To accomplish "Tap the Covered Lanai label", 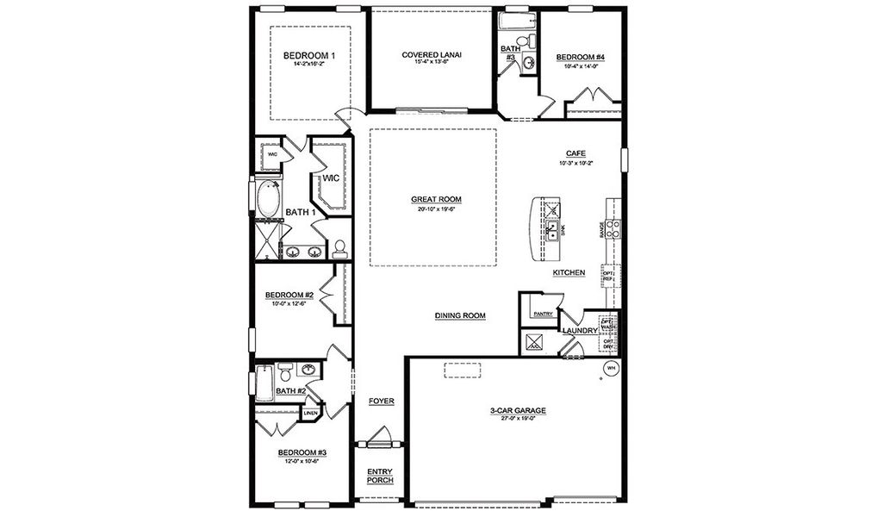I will tap(432, 55).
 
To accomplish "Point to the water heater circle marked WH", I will tap(612, 369).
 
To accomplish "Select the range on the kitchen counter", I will tap(614, 228).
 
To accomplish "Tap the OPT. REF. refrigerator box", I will tap(608, 276).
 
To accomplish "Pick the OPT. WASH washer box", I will tap(608, 325).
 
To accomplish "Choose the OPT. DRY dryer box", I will tap(608, 344).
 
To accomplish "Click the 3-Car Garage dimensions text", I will tap(513, 419).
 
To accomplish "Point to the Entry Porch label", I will tap(380, 476).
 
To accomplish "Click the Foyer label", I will tap(381, 402).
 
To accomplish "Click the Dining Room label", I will tap(460, 316).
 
